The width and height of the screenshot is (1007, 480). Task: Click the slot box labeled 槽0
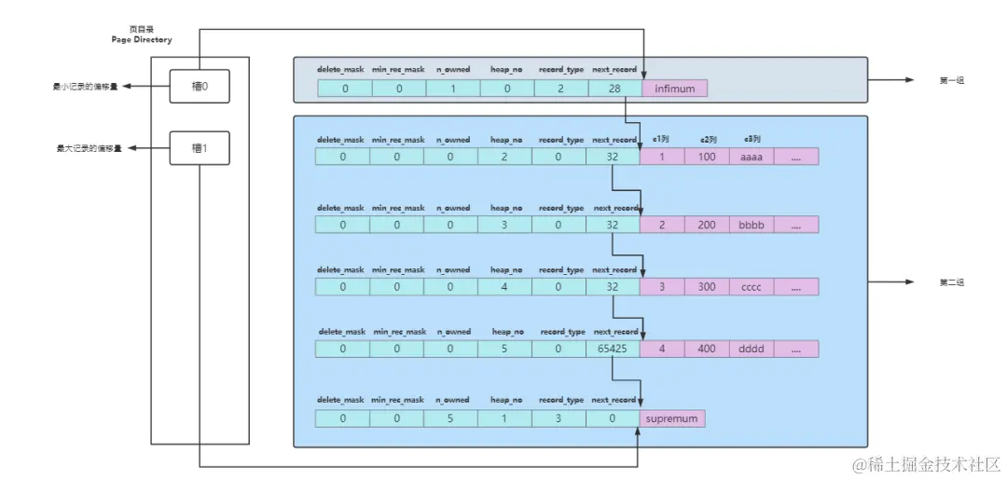pyautogui.click(x=199, y=87)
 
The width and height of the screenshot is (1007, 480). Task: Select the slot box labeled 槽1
pyautogui.click(x=199, y=148)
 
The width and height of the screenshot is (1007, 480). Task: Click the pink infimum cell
pyautogui.click(x=675, y=89)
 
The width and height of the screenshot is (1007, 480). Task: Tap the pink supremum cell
pyautogui.click(x=671, y=418)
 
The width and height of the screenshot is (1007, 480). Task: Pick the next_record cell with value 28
pyautogui.click(x=614, y=89)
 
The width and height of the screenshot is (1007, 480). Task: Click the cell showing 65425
pyautogui.click(x=613, y=349)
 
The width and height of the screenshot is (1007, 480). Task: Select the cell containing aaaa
pyautogui.click(x=751, y=157)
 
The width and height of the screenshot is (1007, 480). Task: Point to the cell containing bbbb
pyautogui.click(x=751, y=226)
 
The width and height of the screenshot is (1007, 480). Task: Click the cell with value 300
pyautogui.click(x=707, y=287)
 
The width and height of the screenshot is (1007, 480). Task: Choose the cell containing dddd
pyautogui.click(x=751, y=349)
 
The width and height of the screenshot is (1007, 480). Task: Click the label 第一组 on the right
pyautogui.click(x=951, y=81)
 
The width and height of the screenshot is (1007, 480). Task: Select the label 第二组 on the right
pyautogui.click(x=951, y=282)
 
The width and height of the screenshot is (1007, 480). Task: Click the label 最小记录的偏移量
pyautogui.click(x=87, y=87)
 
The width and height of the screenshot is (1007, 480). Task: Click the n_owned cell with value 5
pyautogui.click(x=451, y=418)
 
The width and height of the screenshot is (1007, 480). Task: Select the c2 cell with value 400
pyautogui.click(x=707, y=349)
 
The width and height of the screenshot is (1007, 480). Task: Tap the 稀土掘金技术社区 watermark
pyautogui.click(x=926, y=463)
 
